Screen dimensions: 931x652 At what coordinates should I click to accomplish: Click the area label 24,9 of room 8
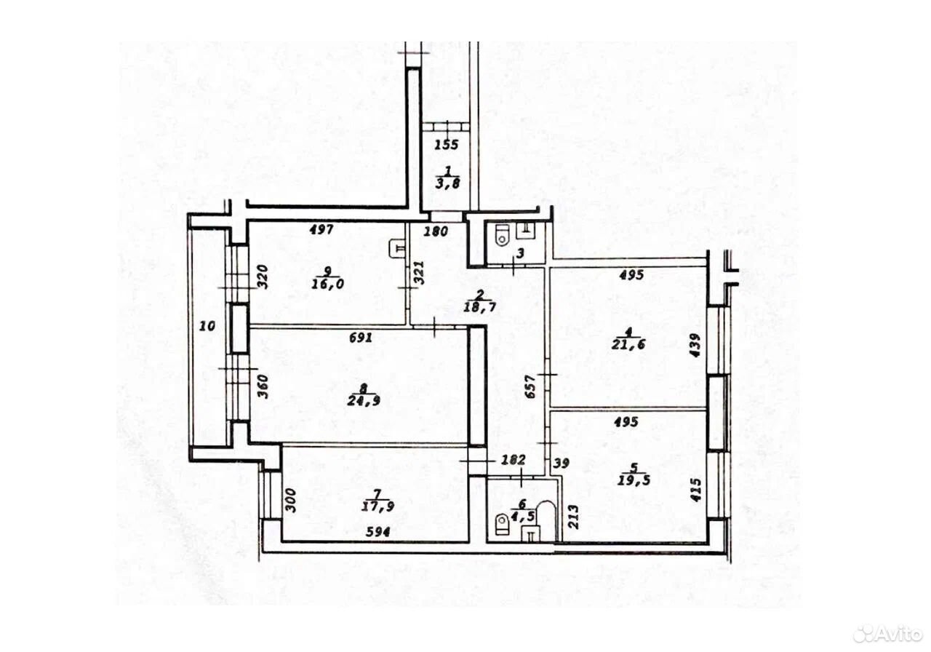[x=364, y=400]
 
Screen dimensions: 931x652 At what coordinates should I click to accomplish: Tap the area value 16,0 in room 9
[x=328, y=284]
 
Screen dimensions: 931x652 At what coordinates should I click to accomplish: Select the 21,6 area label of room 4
[x=628, y=344]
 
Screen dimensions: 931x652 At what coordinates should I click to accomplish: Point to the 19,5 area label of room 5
[x=634, y=480]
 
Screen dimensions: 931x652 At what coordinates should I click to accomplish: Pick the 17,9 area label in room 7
[x=377, y=506]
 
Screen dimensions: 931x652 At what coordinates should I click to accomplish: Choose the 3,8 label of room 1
[x=447, y=183]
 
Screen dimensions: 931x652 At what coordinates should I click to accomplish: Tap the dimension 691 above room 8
[x=360, y=338]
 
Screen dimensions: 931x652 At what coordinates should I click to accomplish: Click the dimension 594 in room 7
[x=377, y=532]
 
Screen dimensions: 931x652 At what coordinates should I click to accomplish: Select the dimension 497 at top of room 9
[x=321, y=229]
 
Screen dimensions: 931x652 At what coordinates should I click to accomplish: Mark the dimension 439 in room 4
[x=695, y=345]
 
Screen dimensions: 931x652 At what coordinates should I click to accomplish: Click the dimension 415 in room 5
[x=695, y=490]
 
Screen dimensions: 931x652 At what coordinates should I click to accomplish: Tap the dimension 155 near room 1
[x=447, y=145]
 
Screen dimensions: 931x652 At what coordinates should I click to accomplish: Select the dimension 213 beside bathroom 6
[x=573, y=517]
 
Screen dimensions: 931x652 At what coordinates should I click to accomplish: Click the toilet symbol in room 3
[x=502, y=234]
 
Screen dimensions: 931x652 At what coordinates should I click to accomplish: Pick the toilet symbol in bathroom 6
[x=502, y=525]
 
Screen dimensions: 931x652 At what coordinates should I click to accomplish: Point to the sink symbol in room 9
[x=397, y=249]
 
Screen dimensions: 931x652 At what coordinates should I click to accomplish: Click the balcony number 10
[x=207, y=325]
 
